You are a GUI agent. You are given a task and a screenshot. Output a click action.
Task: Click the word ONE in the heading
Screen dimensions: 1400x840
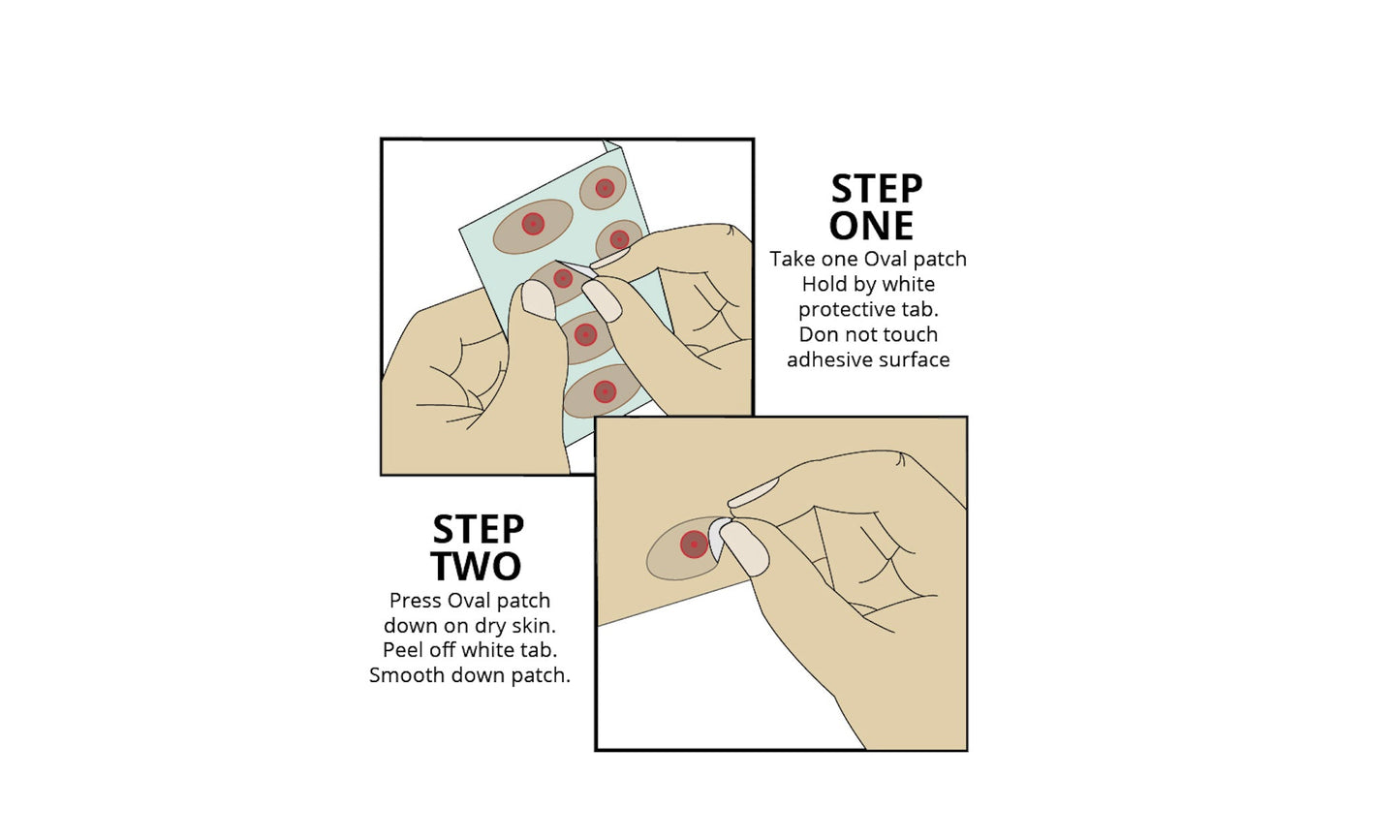tap(871, 226)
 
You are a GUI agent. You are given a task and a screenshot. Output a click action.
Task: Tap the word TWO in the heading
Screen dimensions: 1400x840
tap(476, 566)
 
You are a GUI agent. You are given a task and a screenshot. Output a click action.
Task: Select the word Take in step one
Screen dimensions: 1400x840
tap(792, 259)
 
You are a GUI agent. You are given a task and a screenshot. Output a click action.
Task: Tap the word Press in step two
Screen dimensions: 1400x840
tap(414, 600)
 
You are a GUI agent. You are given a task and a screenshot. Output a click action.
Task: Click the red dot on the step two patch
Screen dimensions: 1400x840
tap(694, 544)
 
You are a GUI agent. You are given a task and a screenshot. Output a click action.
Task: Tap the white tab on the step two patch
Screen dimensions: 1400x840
tap(717, 538)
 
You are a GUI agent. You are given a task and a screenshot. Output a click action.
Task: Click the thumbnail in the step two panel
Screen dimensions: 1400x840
tap(744, 548)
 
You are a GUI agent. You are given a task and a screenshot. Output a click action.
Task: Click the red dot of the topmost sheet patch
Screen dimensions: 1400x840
tap(605, 188)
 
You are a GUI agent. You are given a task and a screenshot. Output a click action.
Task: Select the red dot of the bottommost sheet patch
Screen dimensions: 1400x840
tap(605, 391)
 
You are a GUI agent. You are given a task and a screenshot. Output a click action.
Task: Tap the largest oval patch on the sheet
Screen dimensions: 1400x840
tap(533, 227)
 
